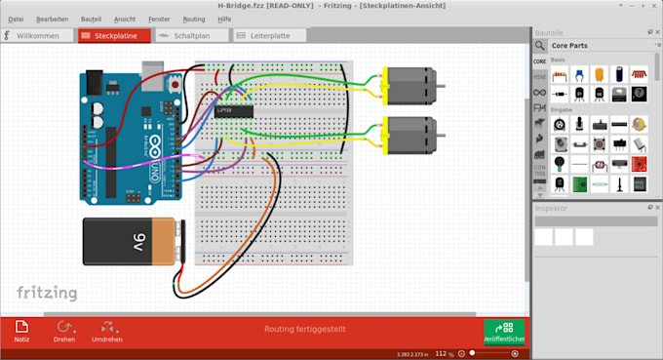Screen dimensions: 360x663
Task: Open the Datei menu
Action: tap(16, 19)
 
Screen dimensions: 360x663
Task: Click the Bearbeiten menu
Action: tap(53, 19)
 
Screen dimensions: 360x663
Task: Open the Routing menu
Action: tap(194, 19)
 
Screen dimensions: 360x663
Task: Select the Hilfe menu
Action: tap(225, 19)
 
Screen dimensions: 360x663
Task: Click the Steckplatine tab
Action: tap(114, 36)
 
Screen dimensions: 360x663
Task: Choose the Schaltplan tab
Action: tap(192, 36)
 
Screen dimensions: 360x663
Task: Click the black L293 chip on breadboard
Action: tap(234, 110)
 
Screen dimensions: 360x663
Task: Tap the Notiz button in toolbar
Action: tap(21, 332)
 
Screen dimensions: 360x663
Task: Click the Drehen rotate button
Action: tap(64, 332)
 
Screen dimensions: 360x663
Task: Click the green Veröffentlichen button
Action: tap(504, 332)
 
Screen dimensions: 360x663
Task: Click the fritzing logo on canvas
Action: tap(46, 292)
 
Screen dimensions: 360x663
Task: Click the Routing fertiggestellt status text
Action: tap(304, 330)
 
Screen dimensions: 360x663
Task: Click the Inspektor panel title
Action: tap(552, 209)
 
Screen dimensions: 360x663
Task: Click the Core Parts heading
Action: tap(574, 46)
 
